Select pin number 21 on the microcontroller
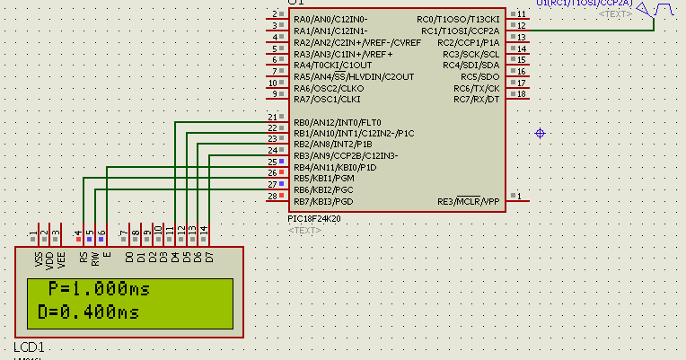pyautogui.click(x=272, y=118)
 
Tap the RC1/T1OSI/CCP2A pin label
pyautogui.click(x=461, y=31)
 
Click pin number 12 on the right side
pyautogui.click(x=521, y=26)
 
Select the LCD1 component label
pyautogui.click(x=29, y=347)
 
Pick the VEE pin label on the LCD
pyautogui.click(x=61, y=259)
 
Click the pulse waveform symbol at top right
pyautogui.click(x=655, y=11)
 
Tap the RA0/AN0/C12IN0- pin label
pyautogui.click(x=330, y=19)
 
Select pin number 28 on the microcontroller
pyautogui.click(x=272, y=195)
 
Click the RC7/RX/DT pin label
pyautogui.click(x=478, y=99)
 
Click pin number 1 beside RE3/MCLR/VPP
pyautogui.click(x=520, y=196)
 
